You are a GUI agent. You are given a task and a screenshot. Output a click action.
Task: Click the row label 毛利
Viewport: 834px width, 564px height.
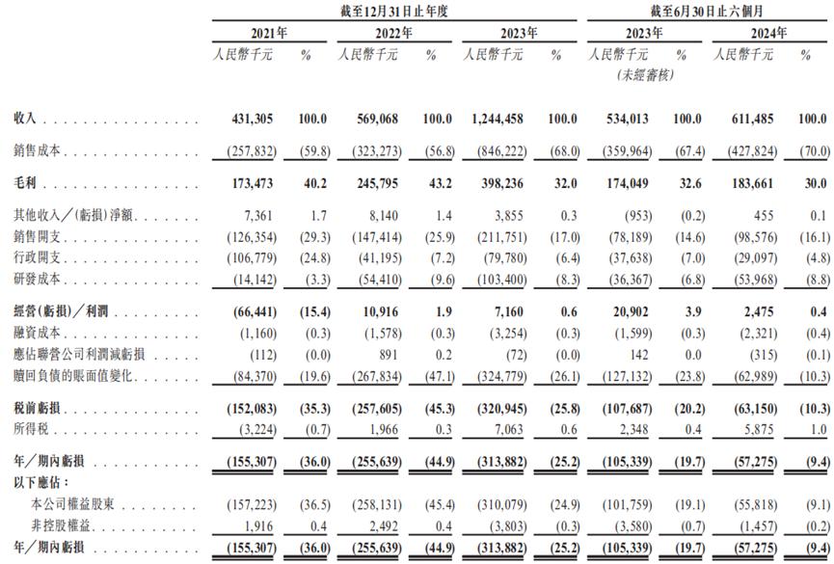(x=25, y=180)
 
